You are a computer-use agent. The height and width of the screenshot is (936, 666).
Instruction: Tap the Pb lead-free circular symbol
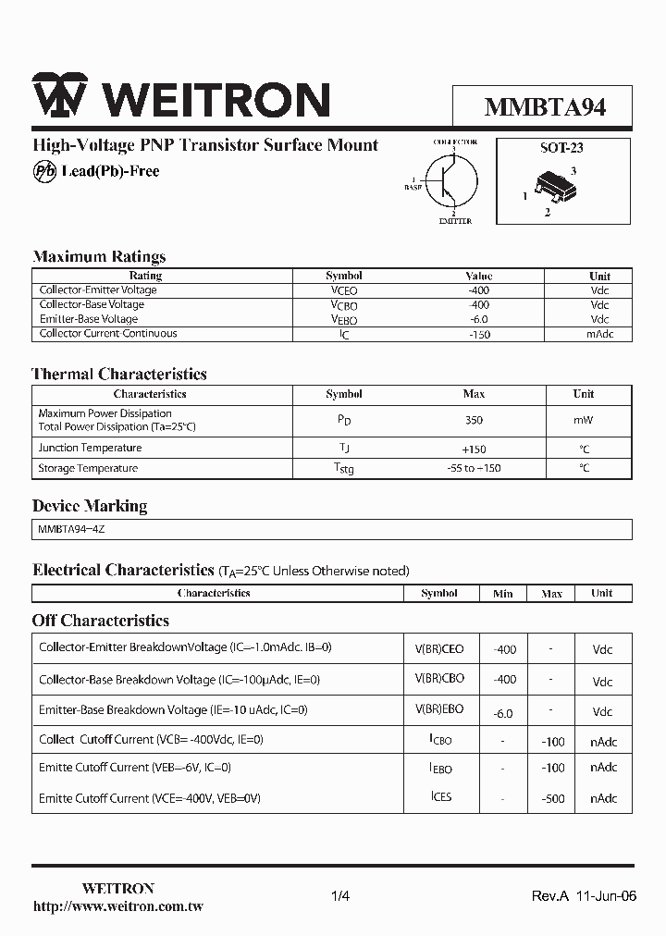click(x=43, y=171)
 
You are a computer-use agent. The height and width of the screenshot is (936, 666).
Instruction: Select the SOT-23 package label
click(x=561, y=147)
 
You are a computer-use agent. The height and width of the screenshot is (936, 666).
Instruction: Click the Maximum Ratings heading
click(x=99, y=256)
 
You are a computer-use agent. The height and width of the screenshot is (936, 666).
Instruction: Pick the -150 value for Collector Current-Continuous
click(x=478, y=334)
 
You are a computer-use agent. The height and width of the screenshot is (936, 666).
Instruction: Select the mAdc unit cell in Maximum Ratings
click(x=599, y=334)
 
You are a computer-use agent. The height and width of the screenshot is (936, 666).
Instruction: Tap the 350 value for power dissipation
click(x=474, y=420)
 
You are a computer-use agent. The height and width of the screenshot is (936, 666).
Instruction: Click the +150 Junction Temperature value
click(x=474, y=449)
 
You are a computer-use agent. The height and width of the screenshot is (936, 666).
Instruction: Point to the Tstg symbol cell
click(x=343, y=469)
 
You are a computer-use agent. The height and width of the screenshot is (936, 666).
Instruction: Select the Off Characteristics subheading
click(x=101, y=621)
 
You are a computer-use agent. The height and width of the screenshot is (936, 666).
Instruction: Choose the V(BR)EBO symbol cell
click(x=439, y=709)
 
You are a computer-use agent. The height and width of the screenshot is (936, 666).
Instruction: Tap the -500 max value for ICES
click(x=551, y=798)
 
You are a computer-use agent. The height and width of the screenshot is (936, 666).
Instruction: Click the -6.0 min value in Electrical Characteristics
click(x=503, y=713)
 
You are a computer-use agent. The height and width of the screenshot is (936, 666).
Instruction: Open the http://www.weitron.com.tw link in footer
click(x=117, y=906)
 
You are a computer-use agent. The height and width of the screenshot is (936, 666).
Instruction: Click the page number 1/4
click(x=340, y=896)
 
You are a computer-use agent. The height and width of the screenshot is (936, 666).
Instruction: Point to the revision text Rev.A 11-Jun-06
click(x=584, y=896)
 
